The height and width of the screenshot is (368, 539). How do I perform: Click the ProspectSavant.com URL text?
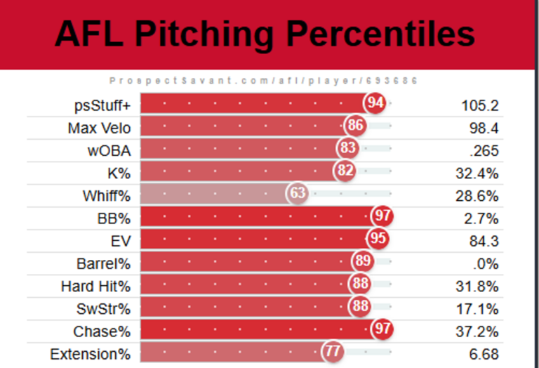[264, 81]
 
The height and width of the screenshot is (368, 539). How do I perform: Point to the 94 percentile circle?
[375, 104]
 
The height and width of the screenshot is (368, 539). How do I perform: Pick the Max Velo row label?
[99, 128]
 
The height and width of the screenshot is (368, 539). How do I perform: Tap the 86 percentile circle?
[355, 126]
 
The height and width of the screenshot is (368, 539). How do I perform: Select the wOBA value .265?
[484, 150]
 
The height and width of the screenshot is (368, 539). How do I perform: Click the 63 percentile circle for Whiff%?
[298, 193]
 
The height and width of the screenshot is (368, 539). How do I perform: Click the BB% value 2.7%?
[484, 218]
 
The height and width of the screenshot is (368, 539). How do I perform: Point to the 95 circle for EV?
[378, 239]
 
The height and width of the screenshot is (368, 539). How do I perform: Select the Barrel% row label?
[104, 263]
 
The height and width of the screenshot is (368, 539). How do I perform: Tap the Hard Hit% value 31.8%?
[480, 286]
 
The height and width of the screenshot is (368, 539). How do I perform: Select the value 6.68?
[484, 354]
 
